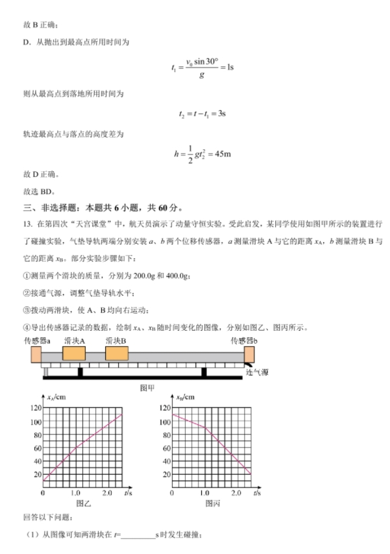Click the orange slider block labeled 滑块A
coord(74,354)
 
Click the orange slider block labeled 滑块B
coord(117,354)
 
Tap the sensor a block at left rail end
coord(36,355)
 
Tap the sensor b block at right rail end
coord(249,355)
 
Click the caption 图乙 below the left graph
coord(82,503)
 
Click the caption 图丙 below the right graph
coord(212,503)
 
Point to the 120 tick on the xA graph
coord(36,408)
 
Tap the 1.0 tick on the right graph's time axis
coord(205,494)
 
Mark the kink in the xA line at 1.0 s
coord(75,448)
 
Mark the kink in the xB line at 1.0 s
coord(205,428)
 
